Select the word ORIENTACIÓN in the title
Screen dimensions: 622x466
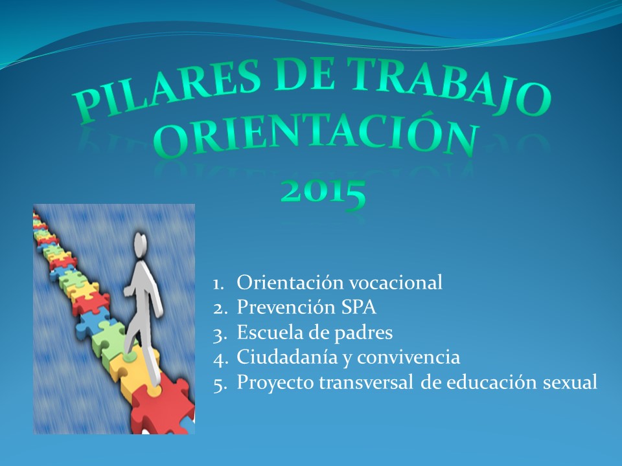pos(316,137)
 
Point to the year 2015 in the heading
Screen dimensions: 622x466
pos(323,193)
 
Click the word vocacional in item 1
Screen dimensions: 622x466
pos(396,282)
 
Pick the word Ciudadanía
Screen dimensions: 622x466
pos(287,357)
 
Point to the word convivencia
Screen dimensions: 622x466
pos(409,357)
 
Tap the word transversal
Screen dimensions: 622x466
pos(367,383)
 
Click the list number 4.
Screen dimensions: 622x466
pos(220,359)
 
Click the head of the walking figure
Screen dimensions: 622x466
pos(140,244)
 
